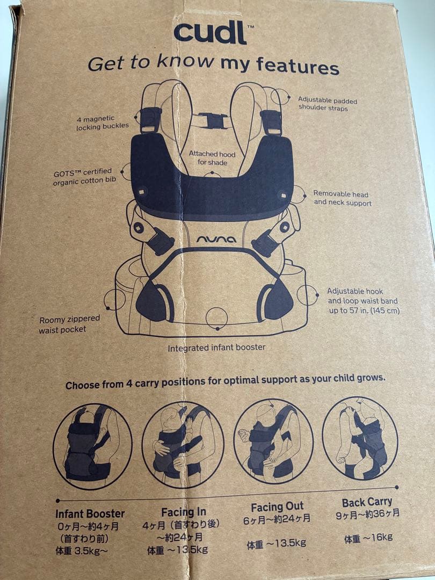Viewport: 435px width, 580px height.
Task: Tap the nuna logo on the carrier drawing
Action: (216, 240)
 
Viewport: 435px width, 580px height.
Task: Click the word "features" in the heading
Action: (298, 66)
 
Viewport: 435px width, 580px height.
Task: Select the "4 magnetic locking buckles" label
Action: (103, 123)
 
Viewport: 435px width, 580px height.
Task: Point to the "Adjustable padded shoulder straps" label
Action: (328, 104)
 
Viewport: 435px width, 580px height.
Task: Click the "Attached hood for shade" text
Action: (212, 158)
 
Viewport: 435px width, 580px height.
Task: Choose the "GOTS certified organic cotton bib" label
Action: (84, 177)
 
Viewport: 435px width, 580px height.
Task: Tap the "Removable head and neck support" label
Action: (342, 198)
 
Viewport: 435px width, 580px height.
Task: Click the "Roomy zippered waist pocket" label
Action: (69, 324)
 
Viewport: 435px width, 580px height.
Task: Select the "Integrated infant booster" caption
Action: (216, 347)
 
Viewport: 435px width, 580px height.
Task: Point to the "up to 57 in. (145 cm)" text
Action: (364, 310)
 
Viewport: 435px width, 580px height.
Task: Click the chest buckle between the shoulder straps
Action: (213, 121)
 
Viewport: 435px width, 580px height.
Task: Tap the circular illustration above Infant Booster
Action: (92, 447)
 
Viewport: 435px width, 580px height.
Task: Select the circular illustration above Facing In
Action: (183, 445)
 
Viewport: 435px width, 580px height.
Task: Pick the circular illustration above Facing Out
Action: (274, 441)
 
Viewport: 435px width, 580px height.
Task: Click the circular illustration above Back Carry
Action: (360, 438)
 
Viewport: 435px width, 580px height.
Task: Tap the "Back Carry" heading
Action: (367, 502)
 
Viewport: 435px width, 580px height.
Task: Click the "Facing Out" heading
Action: (277, 507)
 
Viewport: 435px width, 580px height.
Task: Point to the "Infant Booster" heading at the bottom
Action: (90, 513)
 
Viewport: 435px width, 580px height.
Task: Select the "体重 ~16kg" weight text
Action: (368, 538)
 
